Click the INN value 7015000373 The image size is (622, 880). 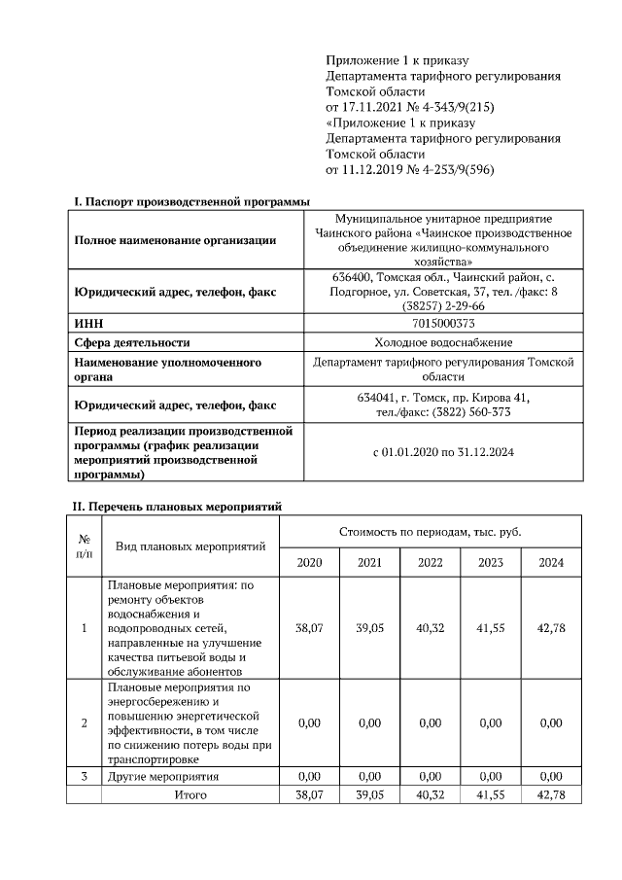pos(444,323)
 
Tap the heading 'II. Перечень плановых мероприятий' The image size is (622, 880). pos(178,507)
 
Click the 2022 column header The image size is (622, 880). pos(430,563)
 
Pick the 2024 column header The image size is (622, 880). pos(550,563)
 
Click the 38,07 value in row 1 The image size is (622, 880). pos(309,629)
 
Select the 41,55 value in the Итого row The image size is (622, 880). pos(490,794)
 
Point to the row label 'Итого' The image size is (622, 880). pos(190,794)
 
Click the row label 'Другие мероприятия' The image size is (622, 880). pos(162,776)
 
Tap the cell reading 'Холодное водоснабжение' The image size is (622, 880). pos(444,342)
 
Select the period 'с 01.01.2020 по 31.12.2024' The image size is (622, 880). pos(444,453)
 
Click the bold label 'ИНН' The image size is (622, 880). pos(88,323)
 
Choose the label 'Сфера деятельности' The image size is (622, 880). pos(132,342)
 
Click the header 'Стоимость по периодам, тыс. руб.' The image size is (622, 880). pos(430,533)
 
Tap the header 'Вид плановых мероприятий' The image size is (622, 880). pos(190,546)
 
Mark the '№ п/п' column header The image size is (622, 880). pos(84,546)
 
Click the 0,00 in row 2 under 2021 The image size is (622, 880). pos(369,723)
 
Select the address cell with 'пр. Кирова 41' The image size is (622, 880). pos(444,405)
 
